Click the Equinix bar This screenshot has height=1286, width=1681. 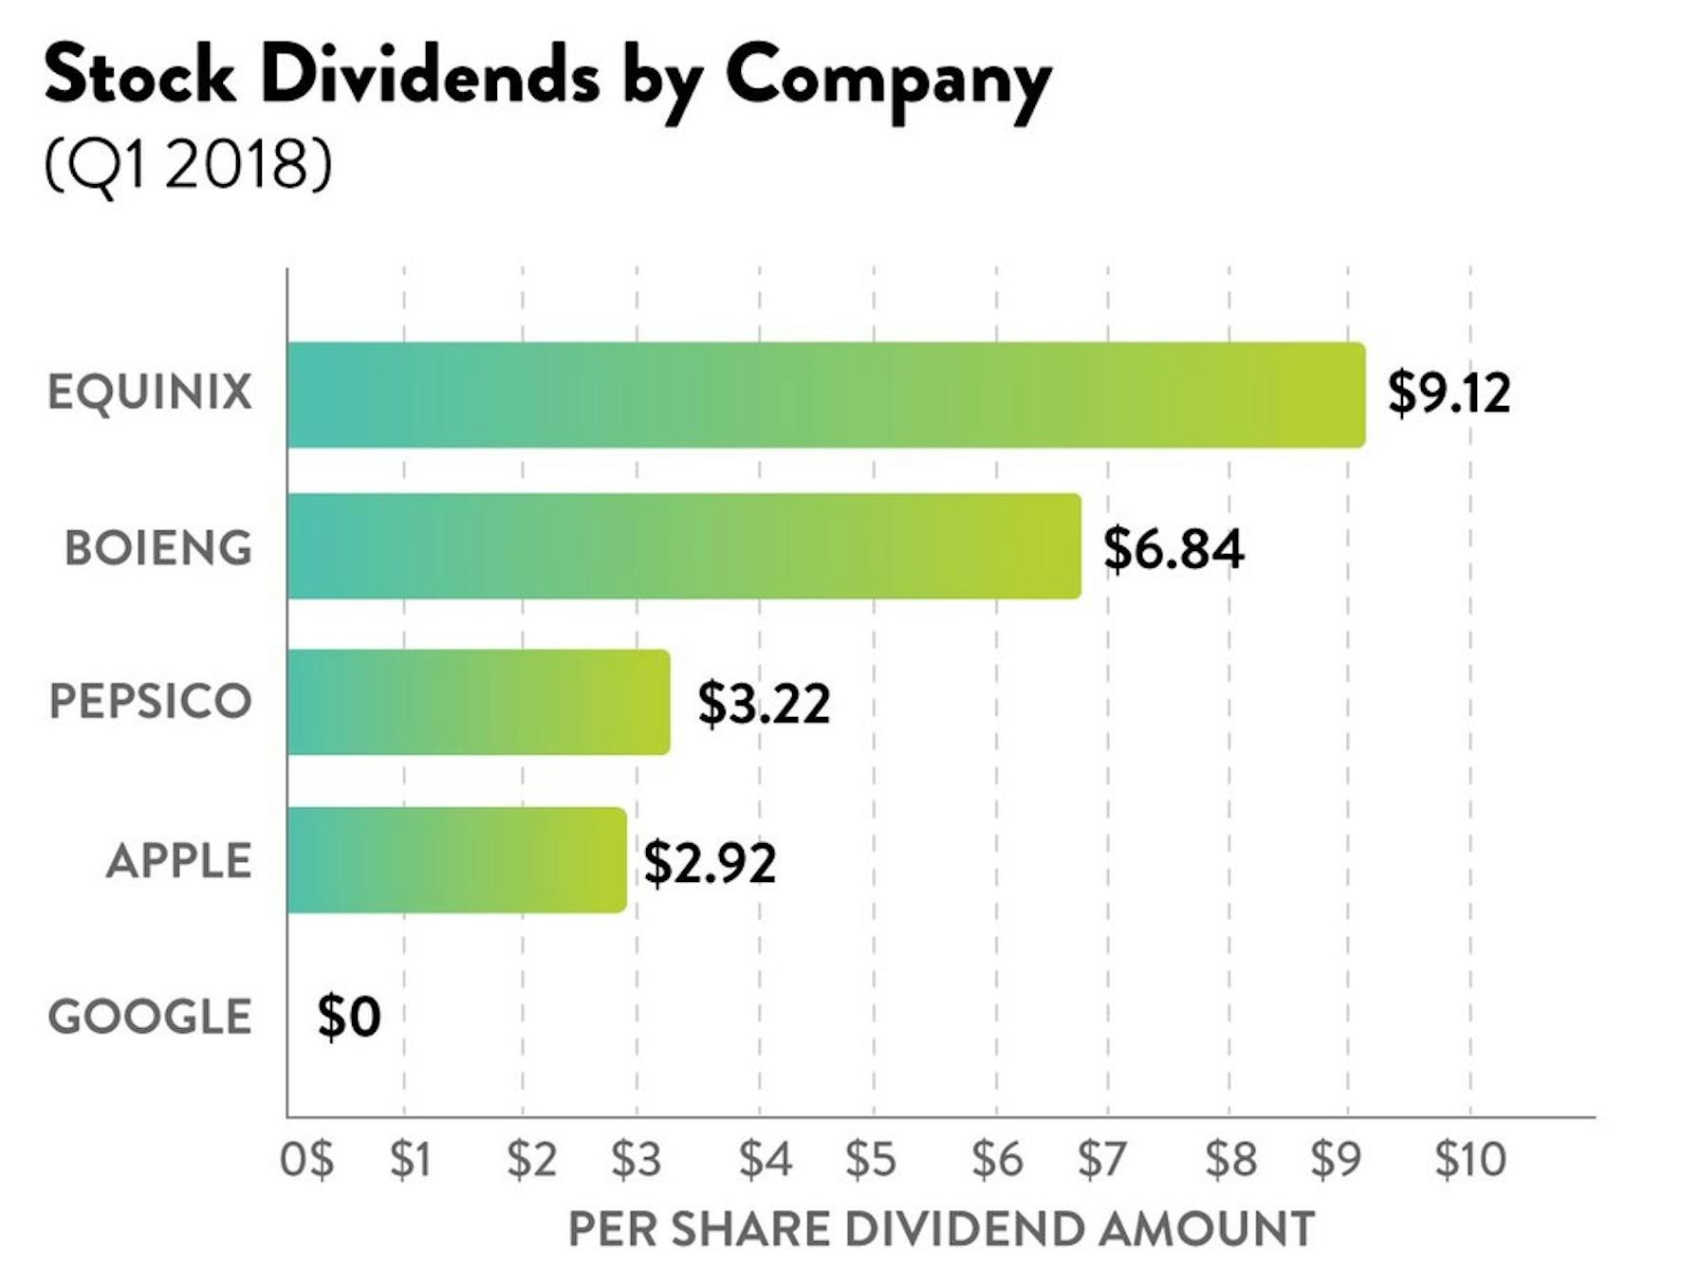[x=825, y=395]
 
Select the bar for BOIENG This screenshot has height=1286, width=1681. [x=683, y=546]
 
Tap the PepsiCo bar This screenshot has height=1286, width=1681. [x=478, y=703]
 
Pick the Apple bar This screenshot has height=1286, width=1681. [x=456, y=860]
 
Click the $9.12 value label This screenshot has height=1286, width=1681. [x=1449, y=393]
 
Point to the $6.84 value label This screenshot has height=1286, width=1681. [x=1173, y=548]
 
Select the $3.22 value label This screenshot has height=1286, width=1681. [x=764, y=703]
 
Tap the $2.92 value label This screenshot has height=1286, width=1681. [x=710, y=862]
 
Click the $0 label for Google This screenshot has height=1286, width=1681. [x=349, y=1017]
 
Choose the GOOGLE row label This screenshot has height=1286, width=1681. [x=150, y=1017]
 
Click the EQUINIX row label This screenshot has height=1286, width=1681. [x=150, y=393]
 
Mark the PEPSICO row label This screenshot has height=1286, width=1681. [x=150, y=702]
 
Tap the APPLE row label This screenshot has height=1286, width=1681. [x=178, y=861]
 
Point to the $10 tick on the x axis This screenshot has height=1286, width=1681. [x=1469, y=1159]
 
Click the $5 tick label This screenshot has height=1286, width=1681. [x=871, y=1159]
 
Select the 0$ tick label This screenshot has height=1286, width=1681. [x=306, y=1159]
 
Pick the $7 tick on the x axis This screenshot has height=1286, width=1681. [x=1101, y=1159]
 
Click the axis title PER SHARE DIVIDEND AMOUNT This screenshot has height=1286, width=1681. [x=941, y=1229]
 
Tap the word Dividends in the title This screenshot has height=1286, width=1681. [x=431, y=76]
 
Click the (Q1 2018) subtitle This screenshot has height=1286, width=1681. [x=188, y=163]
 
